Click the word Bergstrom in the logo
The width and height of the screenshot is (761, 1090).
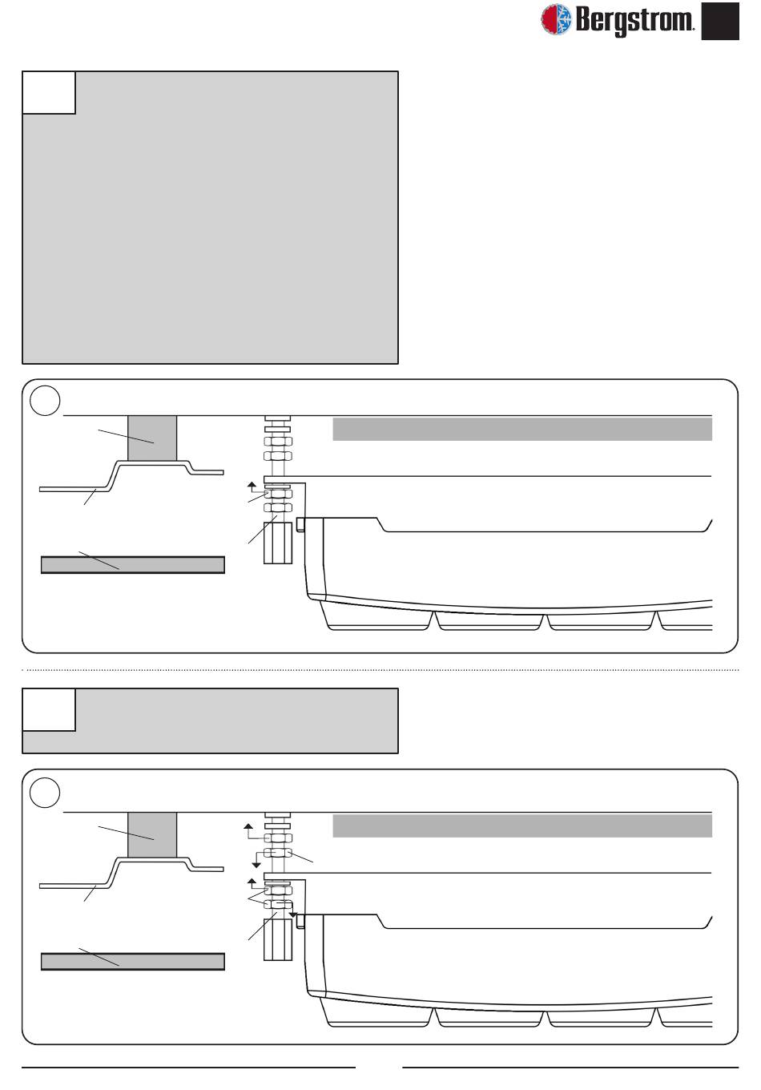tap(634, 20)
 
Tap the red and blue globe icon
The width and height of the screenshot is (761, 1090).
tap(557, 19)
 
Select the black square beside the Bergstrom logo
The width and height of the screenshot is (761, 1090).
tap(720, 21)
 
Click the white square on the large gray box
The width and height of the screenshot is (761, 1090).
tap(49, 92)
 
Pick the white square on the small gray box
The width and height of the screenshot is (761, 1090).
tap(49, 709)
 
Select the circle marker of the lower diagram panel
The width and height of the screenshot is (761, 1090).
tap(45, 793)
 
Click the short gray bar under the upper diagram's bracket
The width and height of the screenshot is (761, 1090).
tap(132, 565)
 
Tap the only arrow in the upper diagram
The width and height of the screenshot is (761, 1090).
tap(251, 485)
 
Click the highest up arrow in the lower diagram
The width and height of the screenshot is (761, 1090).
tap(249, 826)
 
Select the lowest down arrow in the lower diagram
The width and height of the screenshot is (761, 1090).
tap(293, 913)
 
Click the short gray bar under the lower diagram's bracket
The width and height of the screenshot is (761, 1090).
tap(132, 962)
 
